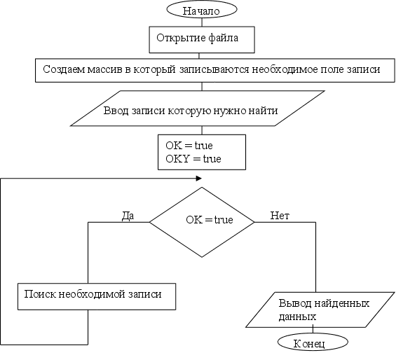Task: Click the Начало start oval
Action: [202, 9]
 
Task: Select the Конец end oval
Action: [313, 342]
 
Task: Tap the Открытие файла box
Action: [202, 40]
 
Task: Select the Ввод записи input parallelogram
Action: [197, 109]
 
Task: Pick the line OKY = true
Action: [193, 159]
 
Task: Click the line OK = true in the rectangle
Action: [189, 146]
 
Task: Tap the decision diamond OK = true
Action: [202, 222]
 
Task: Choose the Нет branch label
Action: [280, 216]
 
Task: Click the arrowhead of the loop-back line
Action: [199, 179]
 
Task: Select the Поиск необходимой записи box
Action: [97, 296]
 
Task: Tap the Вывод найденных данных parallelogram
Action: [320, 310]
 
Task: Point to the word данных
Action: [297, 317]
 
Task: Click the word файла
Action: [224, 38]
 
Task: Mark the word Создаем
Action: [64, 69]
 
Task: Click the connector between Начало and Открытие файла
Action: [202, 22]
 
